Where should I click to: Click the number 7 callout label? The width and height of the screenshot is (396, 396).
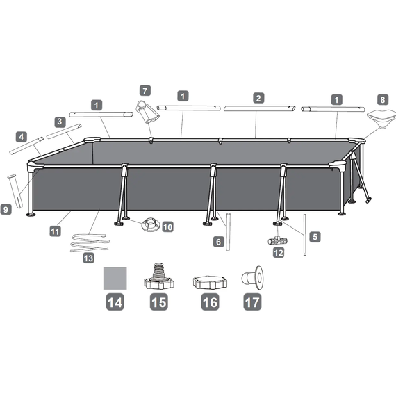tap(145, 91)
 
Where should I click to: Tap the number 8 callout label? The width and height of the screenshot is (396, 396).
tap(383, 100)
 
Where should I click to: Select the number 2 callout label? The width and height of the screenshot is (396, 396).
tap(258, 98)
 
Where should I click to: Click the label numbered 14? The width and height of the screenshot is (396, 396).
tap(115, 302)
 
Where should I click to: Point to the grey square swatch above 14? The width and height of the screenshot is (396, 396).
tap(115, 279)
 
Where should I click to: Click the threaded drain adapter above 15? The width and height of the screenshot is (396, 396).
tap(158, 277)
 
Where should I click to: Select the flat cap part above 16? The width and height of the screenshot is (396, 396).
tap(210, 283)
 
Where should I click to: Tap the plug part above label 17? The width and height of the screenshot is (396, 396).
tap(253, 278)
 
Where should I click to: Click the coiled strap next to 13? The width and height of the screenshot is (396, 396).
tap(90, 242)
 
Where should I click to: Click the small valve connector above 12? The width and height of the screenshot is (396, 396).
tap(278, 240)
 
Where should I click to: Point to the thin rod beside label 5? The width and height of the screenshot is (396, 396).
tap(304, 235)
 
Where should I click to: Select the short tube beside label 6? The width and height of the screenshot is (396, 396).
tap(228, 232)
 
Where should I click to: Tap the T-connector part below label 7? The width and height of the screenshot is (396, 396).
tap(147, 112)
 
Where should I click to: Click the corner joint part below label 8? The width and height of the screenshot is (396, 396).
tap(381, 119)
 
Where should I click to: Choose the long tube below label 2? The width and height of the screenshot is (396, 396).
tap(259, 108)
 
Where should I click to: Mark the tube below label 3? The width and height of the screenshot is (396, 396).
tap(64, 131)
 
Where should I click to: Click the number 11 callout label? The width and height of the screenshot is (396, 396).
tap(55, 231)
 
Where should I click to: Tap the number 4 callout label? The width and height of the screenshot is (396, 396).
tap(22, 137)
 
